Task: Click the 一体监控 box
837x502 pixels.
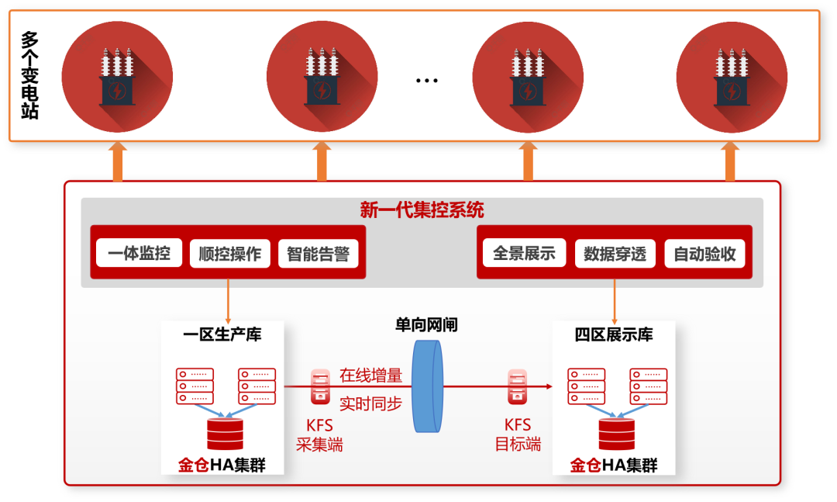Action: (139, 253)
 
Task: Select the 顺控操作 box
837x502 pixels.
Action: (229, 254)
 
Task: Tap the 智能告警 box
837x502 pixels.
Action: (318, 254)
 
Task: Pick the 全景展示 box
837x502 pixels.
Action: (524, 253)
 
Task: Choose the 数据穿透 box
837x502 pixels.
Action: (615, 254)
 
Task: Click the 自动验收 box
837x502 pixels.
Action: (704, 254)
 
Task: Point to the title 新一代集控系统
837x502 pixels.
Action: (422, 209)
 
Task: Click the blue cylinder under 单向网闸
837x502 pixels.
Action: (426, 386)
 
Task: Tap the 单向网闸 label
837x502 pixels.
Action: (426, 324)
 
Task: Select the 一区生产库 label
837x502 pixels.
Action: (222, 334)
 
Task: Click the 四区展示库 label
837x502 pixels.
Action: (614, 334)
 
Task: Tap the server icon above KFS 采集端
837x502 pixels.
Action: (319, 386)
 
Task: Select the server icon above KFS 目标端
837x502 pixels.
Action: (518, 386)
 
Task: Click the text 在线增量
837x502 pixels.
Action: (371, 376)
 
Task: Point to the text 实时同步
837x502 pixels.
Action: (371, 404)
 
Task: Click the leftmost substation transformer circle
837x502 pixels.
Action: (117, 76)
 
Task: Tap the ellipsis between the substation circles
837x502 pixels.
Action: (426, 80)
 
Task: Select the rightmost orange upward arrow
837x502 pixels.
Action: (730, 161)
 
